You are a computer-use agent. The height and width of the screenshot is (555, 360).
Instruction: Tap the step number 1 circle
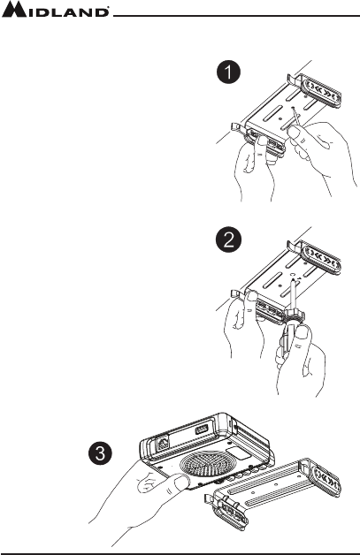coord(228,73)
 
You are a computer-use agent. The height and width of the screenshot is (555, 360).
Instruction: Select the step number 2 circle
coord(228,241)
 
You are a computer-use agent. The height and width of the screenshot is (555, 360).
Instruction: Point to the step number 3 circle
coord(100,454)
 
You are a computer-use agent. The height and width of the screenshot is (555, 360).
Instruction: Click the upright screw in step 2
coord(292,294)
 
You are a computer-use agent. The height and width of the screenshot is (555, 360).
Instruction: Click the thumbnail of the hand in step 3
coord(181,481)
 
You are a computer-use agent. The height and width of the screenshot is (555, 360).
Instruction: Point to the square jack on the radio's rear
coord(162,443)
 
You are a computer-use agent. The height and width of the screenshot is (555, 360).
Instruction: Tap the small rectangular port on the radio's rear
coord(202,431)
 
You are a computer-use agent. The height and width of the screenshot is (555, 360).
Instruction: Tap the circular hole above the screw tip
coord(293,274)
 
